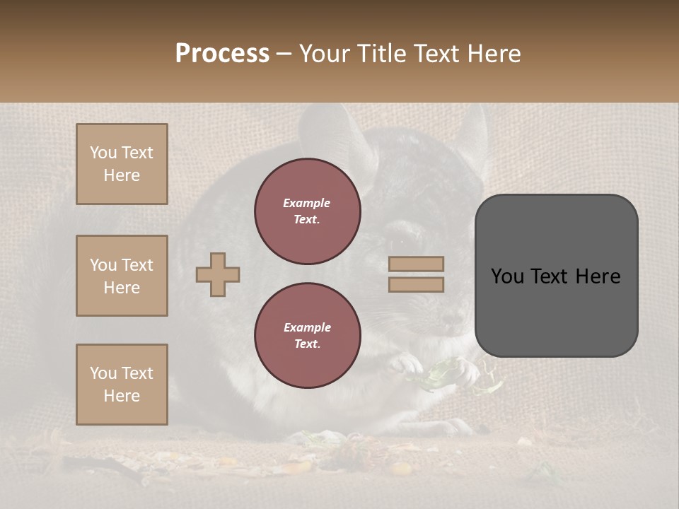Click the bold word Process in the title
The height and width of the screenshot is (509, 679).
[222, 54]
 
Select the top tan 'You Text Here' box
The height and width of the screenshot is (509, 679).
[122, 164]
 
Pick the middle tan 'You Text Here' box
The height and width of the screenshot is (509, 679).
[122, 276]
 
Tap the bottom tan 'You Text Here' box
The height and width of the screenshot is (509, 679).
[122, 384]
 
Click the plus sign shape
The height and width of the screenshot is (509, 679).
[218, 274]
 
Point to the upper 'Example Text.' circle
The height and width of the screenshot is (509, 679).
[308, 211]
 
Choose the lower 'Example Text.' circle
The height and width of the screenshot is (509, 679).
[308, 335]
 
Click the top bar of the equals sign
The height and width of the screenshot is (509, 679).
[417, 264]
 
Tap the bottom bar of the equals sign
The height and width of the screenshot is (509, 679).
[417, 284]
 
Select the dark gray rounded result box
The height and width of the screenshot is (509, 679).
[556, 276]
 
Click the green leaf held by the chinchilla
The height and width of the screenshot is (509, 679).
[439, 370]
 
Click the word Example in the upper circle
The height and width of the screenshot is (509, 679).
[307, 203]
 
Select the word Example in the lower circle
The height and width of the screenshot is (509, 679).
[307, 327]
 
